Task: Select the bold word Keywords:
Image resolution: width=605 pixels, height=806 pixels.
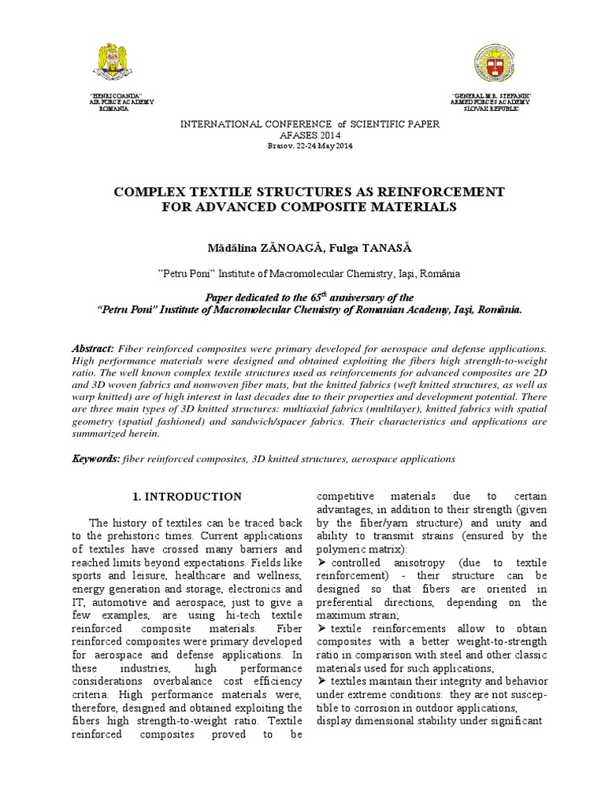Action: click(96, 458)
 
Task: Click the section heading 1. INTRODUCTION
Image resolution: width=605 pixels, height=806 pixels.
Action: click(187, 497)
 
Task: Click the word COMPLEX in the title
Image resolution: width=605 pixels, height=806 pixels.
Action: click(149, 192)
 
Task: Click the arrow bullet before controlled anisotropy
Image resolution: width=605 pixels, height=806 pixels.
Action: click(320, 564)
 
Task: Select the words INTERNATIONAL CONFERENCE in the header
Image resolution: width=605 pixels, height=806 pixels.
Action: click(247, 125)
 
